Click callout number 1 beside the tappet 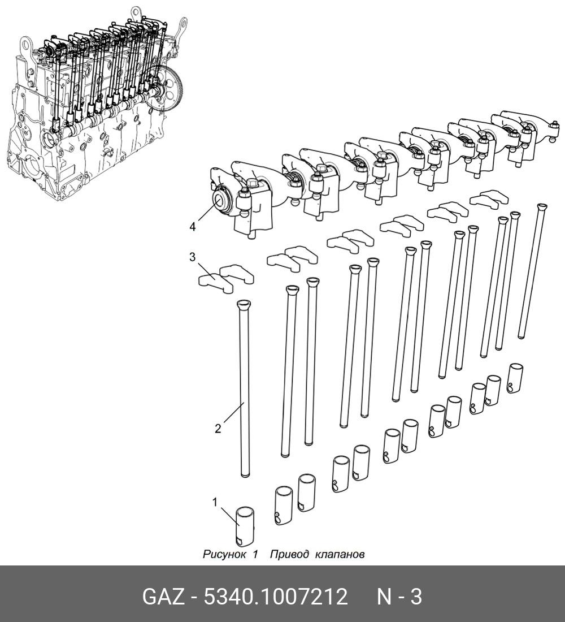click(215, 502)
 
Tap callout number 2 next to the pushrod click(218, 429)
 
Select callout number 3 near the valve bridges click(192, 257)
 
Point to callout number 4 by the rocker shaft click(192, 227)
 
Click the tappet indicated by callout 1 click(245, 526)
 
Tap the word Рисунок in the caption click(224, 554)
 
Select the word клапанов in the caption click(340, 554)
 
